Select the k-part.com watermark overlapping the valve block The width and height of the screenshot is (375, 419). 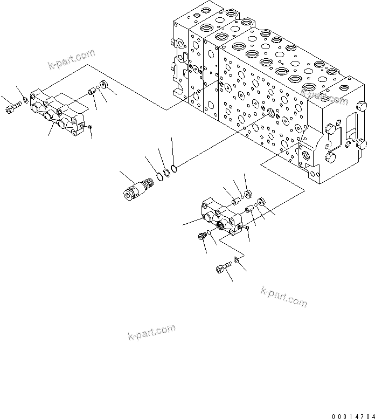[324, 97]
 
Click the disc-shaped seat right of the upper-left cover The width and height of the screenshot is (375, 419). [104, 85]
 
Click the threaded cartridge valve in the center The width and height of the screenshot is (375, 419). [137, 187]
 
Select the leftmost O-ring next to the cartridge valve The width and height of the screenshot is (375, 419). [160, 175]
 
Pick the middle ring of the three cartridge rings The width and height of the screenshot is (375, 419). [166, 173]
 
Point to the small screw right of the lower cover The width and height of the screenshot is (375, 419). [246, 229]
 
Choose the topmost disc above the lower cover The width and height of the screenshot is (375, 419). [248, 193]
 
